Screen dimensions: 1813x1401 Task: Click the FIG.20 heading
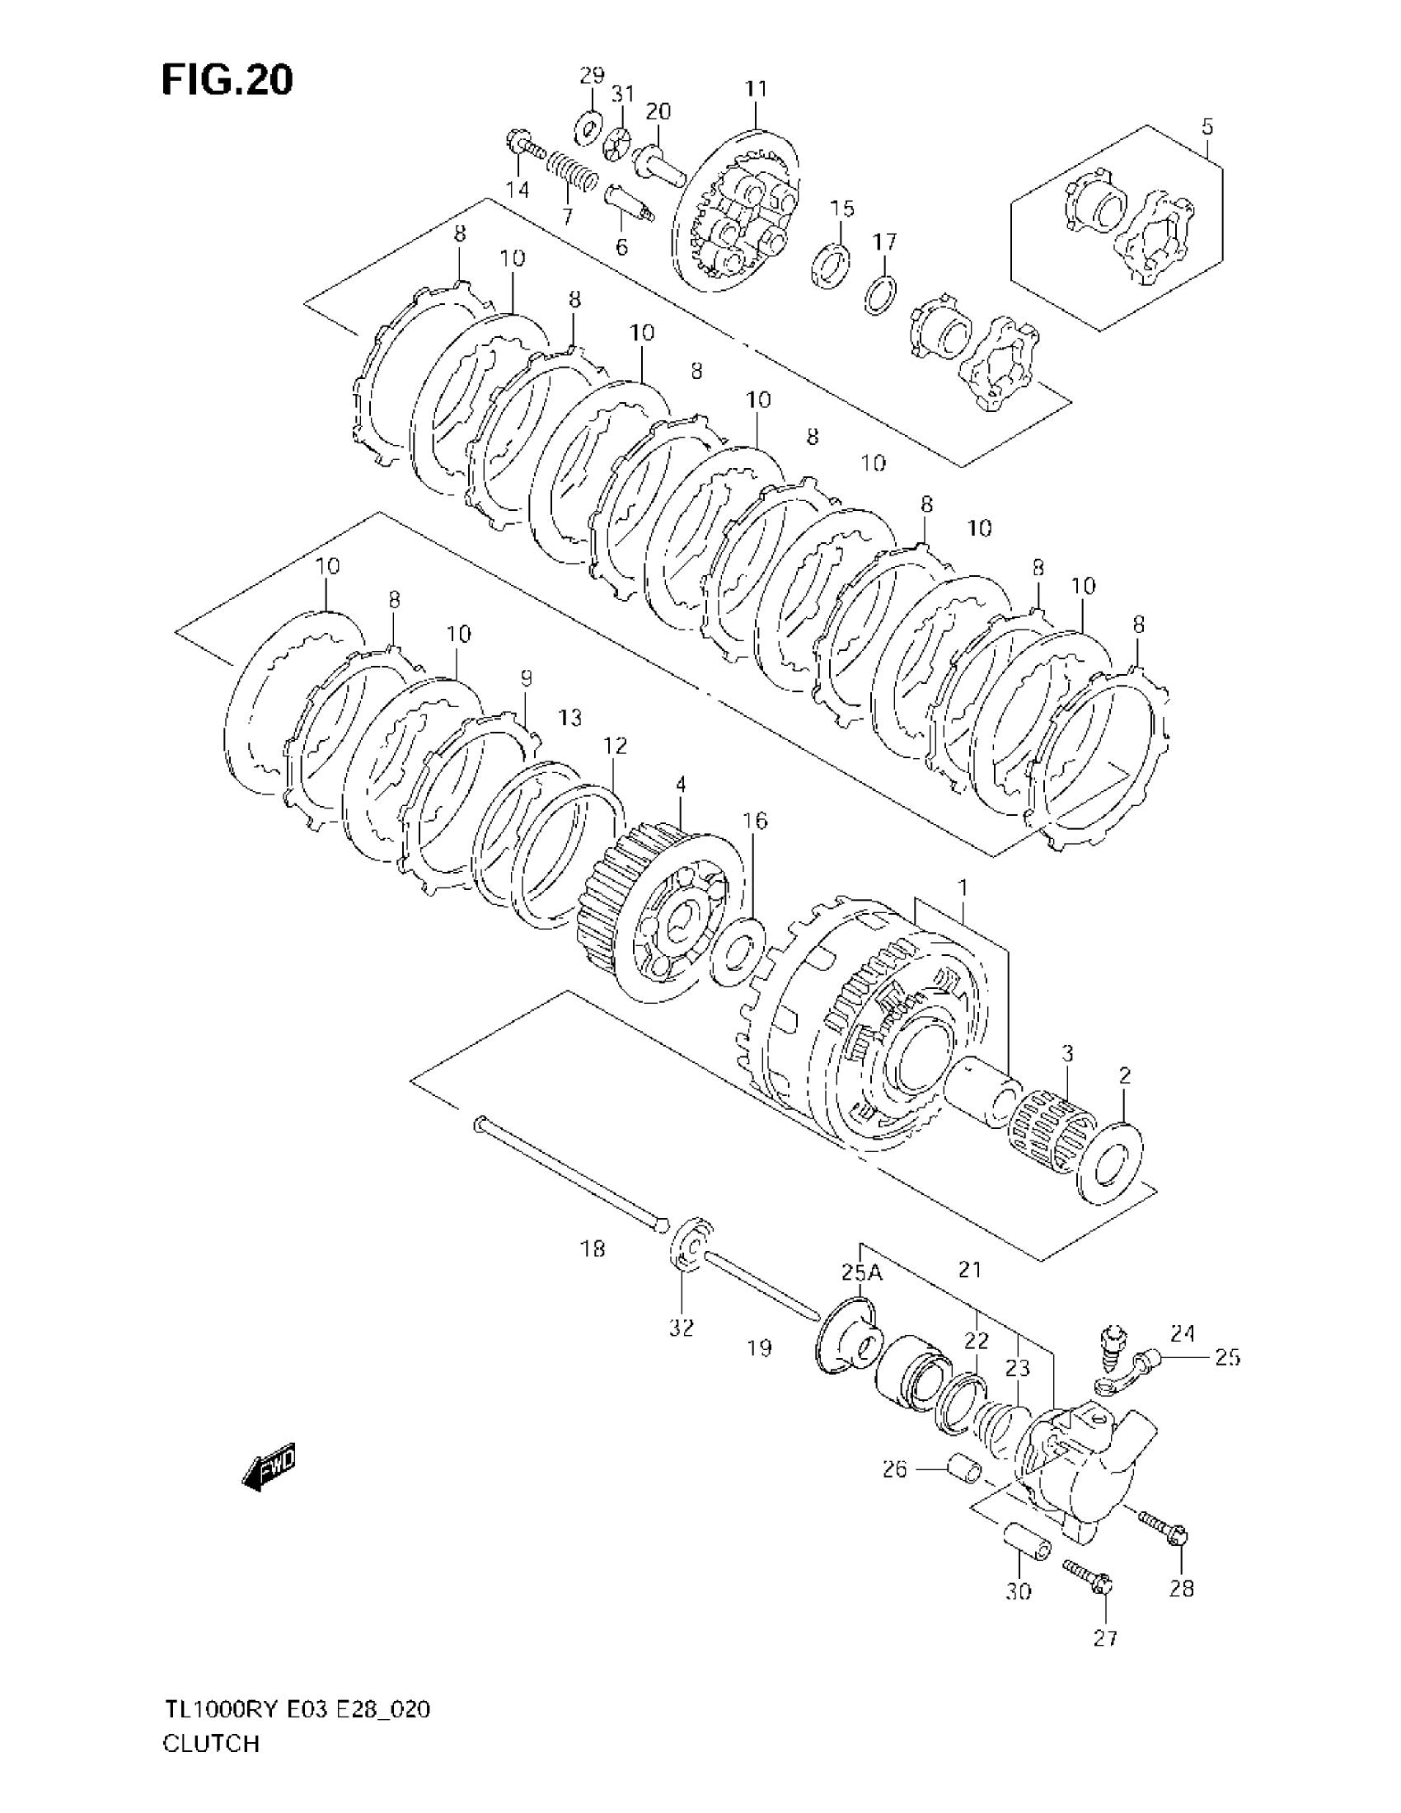click(227, 81)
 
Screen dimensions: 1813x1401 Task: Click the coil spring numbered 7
click(571, 173)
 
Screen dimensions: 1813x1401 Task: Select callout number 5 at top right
click(1207, 127)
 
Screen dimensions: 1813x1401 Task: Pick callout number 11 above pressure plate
click(756, 89)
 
